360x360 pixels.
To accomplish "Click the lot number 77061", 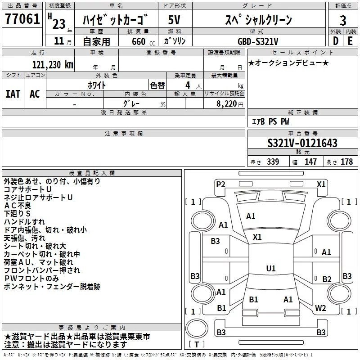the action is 22,19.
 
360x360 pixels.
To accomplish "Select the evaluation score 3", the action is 343,21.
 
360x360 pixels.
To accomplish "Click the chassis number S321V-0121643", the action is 302,143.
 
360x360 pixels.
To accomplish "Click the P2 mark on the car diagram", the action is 220,184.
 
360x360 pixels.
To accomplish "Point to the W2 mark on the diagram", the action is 320,308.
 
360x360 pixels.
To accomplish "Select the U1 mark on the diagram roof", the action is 270,268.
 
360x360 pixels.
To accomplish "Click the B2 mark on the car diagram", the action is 327,279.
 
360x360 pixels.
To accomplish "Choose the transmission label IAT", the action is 13,94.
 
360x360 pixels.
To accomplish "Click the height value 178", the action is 346,162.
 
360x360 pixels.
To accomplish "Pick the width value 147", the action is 310,162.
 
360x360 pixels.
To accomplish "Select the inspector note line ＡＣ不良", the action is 17,205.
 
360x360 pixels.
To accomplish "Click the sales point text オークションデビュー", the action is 288,63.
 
